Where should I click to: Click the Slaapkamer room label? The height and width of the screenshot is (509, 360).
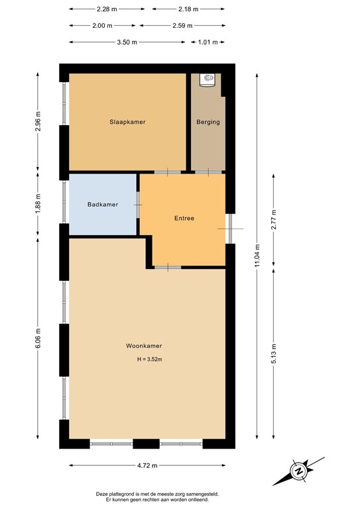(x=127, y=122)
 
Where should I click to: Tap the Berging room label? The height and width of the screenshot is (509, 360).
(x=208, y=122)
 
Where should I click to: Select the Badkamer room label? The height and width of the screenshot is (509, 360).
(x=103, y=204)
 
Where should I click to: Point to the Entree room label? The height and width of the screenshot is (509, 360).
(x=184, y=218)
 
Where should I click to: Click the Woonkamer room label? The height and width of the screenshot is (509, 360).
(x=144, y=346)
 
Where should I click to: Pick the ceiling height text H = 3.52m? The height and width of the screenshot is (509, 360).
(x=149, y=360)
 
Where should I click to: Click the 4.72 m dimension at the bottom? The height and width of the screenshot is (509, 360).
(x=147, y=465)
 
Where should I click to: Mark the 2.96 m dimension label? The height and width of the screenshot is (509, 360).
(x=38, y=122)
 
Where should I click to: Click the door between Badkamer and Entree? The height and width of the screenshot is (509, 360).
(x=138, y=205)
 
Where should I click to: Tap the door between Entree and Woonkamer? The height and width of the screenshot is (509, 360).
(x=168, y=267)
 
